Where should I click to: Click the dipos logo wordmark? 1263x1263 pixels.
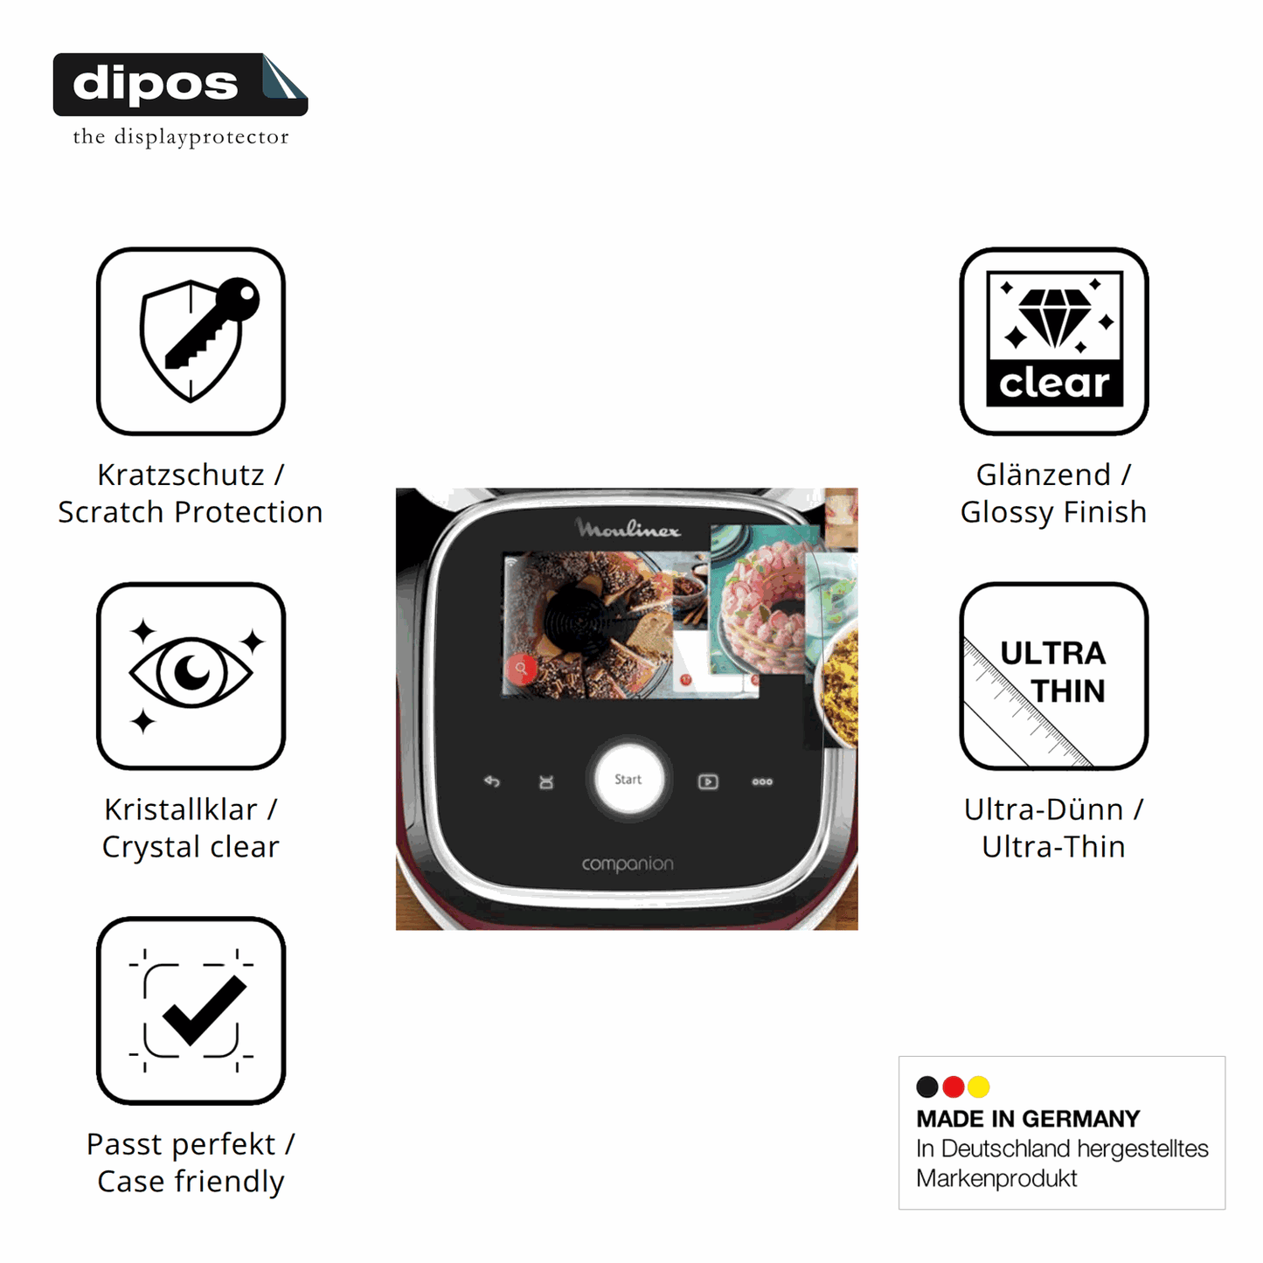pos(156,84)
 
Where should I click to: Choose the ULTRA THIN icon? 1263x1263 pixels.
pos(1054,676)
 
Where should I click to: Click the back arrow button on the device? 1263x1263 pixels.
pos(491,781)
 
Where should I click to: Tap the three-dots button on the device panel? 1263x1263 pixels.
pos(762,781)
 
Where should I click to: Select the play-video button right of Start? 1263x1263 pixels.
pos(708,781)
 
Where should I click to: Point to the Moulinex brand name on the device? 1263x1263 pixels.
pos(628,528)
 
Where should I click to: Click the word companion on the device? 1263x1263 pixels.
pos(628,864)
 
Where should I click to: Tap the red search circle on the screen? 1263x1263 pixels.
pos(521,669)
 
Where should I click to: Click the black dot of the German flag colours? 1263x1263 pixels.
pos(926,1086)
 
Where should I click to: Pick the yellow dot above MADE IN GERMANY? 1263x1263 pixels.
pos(979,1086)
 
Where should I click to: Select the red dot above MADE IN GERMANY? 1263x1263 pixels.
pos(953,1086)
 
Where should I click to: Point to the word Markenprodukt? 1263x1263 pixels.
pos(996,1178)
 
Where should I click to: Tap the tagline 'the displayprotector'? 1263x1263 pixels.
pos(181,136)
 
